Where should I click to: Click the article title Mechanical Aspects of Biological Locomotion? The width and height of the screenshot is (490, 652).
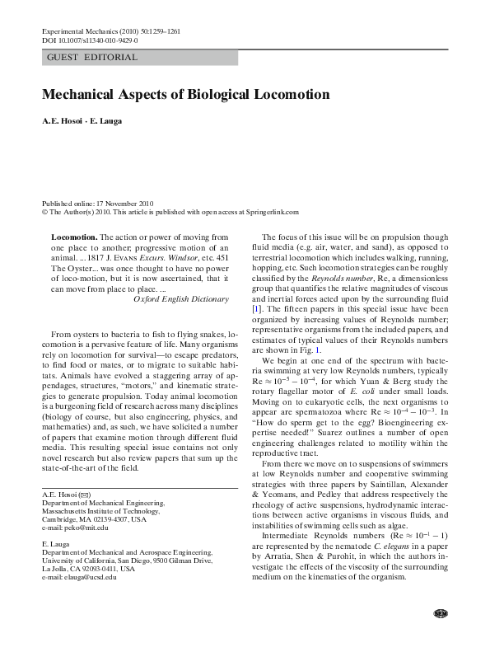click(185, 95)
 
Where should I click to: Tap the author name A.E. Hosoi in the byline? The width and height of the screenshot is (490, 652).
click(63, 122)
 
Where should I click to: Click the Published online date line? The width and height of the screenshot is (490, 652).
click(99, 203)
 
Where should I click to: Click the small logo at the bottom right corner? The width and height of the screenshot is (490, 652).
click(439, 636)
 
